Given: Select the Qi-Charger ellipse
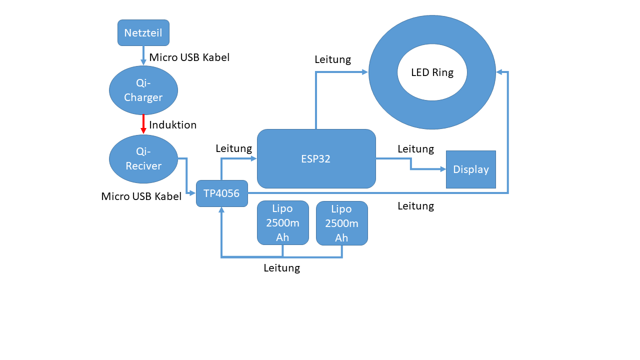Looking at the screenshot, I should pyautogui.click(x=143, y=90).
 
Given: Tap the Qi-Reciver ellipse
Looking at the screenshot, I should pyautogui.click(x=143, y=159).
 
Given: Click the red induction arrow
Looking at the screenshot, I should pyautogui.click(x=143, y=124).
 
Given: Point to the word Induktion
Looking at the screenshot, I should pyautogui.click(x=173, y=125).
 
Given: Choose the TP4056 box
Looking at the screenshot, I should pyautogui.click(x=221, y=193).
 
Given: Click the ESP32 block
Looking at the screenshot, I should pyautogui.click(x=316, y=159).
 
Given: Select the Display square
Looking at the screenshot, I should pyautogui.click(x=470, y=169).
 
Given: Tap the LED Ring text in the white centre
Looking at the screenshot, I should pyautogui.click(x=432, y=72).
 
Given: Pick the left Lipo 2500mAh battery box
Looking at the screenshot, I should pyautogui.click(x=282, y=223).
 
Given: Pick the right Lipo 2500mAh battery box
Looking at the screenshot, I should pyautogui.click(x=341, y=223).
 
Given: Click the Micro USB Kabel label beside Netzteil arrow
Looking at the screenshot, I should pyautogui.click(x=189, y=57).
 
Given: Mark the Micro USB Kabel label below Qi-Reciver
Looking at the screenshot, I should pyautogui.click(x=141, y=196).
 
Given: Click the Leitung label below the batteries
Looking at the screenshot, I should pyautogui.click(x=282, y=268).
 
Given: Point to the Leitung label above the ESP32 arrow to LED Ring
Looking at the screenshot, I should pyautogui.click(x=333, y=59).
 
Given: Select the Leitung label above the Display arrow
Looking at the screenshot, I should pyautogui.click(x=415, y=149).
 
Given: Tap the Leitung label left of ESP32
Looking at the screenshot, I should pyautogui.click(x=234, y=148).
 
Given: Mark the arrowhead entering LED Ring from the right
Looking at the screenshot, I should pyautogui.click(x=499, y=72).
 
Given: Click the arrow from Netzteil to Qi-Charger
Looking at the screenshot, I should pyautogui.click(x=143, y=55).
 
